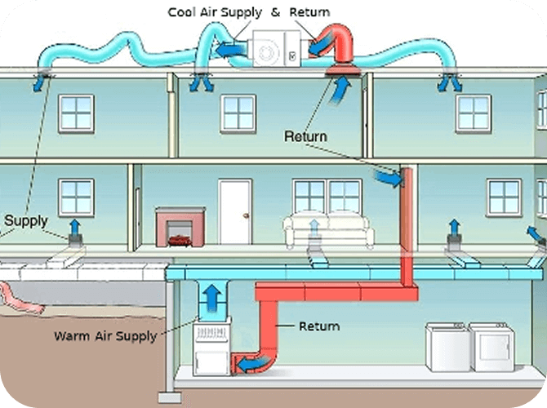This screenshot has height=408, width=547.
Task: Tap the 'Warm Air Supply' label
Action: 105,335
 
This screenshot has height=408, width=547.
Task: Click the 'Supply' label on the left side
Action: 26,220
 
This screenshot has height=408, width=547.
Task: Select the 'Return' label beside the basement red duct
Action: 318,326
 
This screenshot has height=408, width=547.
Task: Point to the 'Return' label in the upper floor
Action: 305,136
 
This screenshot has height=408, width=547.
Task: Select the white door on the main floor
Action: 234,211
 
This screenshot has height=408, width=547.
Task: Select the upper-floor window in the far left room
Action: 76,112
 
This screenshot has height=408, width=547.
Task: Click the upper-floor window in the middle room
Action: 239,113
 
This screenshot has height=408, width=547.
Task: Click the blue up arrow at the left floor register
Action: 76,226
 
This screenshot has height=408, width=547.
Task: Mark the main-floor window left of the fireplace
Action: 76,197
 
